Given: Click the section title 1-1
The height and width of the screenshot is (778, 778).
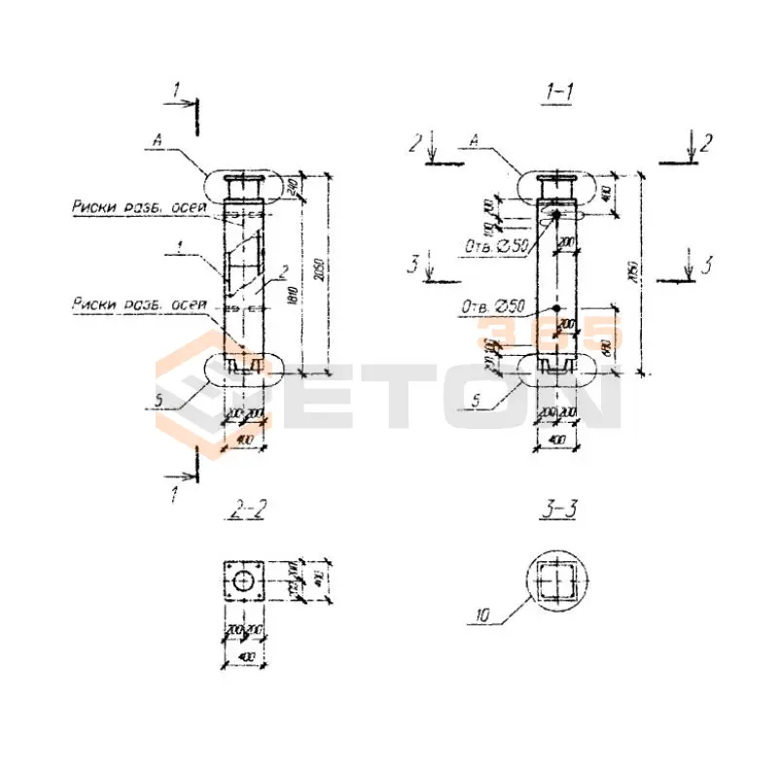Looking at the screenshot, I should (559, 93).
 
